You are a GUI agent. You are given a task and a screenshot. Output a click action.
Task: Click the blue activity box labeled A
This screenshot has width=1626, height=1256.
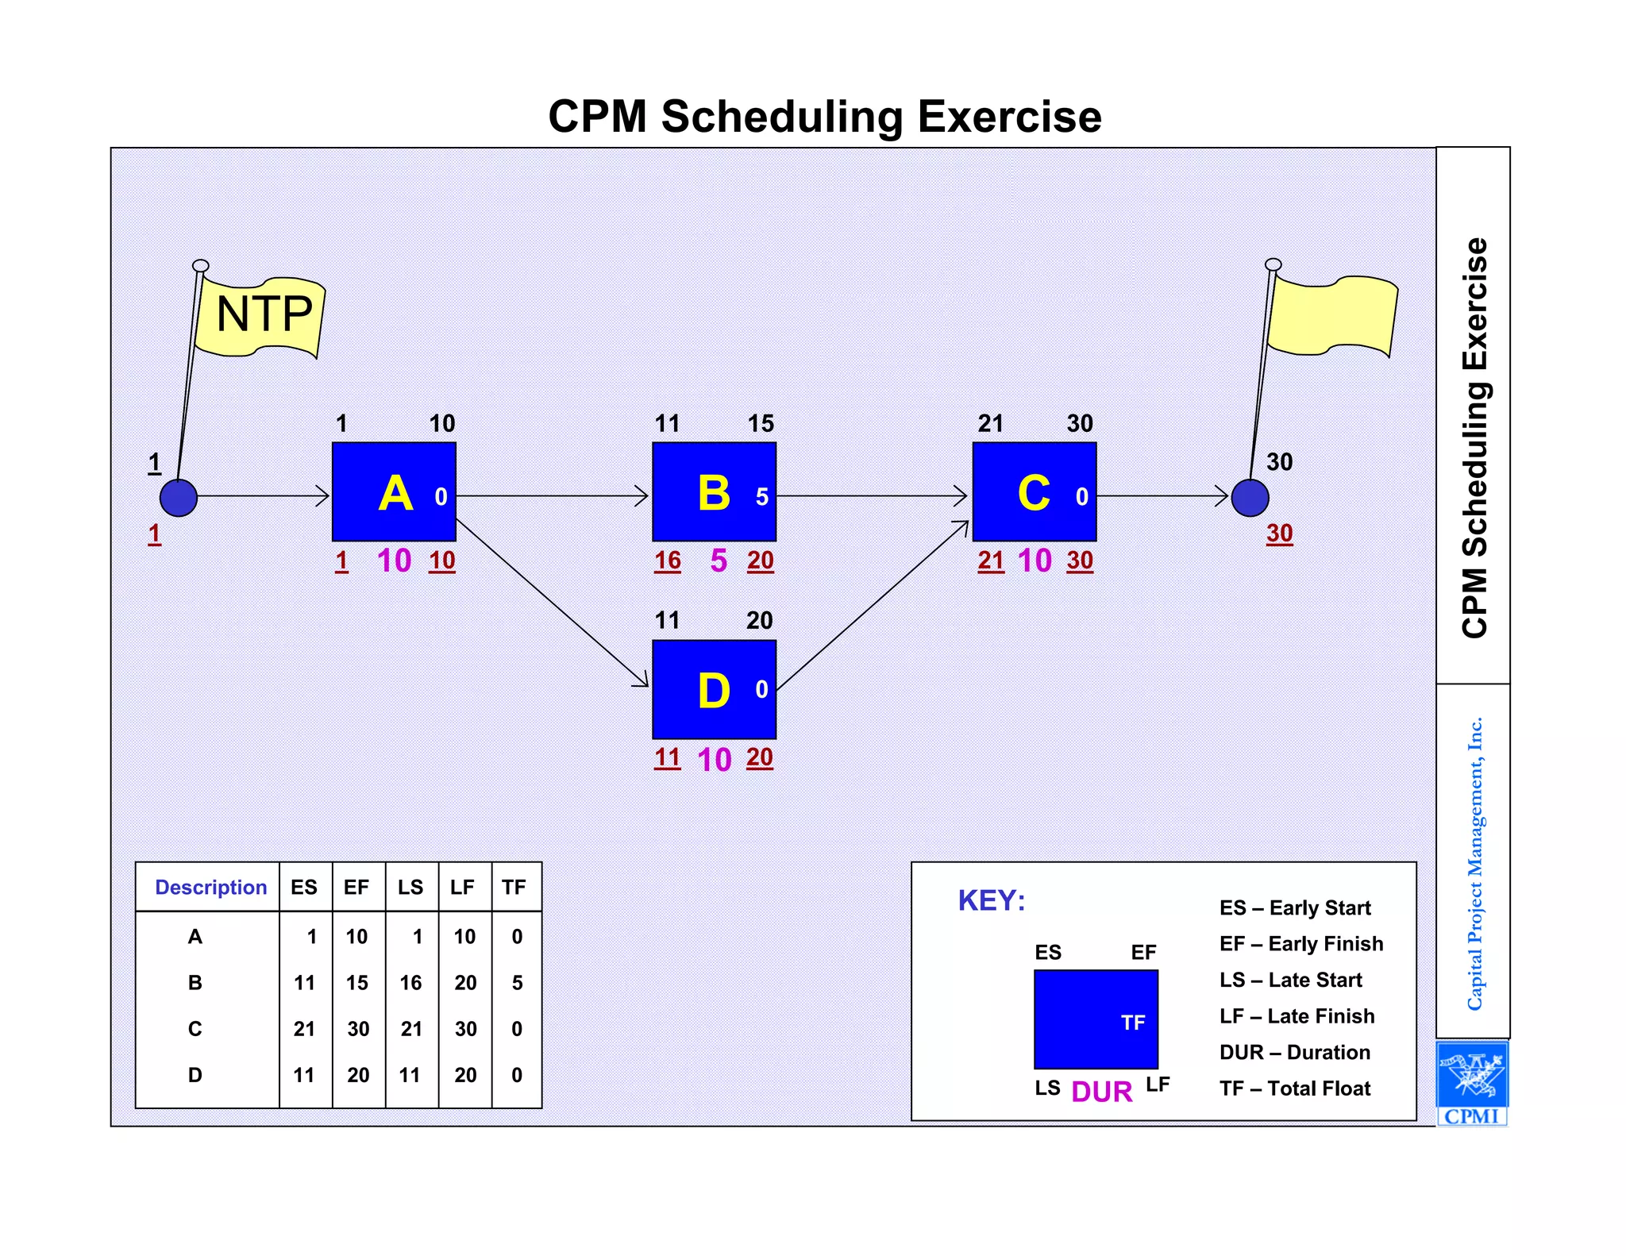click(x=394, y=492)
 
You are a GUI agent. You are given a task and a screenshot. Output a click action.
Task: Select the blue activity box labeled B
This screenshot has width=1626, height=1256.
click(x=714, y=492)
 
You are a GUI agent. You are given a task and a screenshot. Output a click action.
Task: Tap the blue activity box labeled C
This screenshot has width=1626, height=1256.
click(x=1034, y=492)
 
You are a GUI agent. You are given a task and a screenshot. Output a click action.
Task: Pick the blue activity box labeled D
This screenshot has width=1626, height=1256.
click(x=714, y=689)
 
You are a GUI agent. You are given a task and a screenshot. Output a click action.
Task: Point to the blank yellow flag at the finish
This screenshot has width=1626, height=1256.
click(x=1332, y=314)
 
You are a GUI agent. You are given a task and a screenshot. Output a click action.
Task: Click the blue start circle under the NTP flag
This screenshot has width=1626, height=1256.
click(x=179, y=498)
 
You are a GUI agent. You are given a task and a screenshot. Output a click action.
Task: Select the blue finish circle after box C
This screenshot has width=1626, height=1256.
click(x=1250, y=498)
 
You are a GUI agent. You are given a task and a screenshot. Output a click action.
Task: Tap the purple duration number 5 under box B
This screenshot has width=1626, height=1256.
click(x=719, y=561)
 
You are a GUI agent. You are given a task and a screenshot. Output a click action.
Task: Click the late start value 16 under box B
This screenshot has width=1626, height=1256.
click(x=668, y=561)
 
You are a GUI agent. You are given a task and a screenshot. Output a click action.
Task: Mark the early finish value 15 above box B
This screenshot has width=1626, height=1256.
click(x=761, y=423)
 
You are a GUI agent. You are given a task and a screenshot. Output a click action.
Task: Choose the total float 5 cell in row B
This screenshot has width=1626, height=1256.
click(x=517, y=983)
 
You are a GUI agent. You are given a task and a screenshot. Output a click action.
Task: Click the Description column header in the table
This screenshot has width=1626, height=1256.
click(x=210, y=887)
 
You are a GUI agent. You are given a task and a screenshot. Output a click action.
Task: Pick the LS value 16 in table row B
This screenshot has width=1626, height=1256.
click(x=410, y=983)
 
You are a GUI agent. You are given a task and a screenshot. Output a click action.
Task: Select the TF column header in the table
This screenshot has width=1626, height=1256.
click(x=514, y=887)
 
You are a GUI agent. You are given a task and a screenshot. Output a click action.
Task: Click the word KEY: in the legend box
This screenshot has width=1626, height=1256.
click(x=992, y=900)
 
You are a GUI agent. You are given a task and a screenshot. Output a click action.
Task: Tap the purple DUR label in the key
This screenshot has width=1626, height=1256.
click(x=1101, y=1092)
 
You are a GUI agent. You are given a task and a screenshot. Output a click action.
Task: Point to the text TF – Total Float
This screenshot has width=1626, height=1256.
click(x=1295, y=1088)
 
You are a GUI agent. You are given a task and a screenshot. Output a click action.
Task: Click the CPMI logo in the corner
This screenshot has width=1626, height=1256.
click(x=1472, y=1083)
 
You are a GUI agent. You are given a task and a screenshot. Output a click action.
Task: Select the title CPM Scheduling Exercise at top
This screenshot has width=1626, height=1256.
click(x=825, y=117)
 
